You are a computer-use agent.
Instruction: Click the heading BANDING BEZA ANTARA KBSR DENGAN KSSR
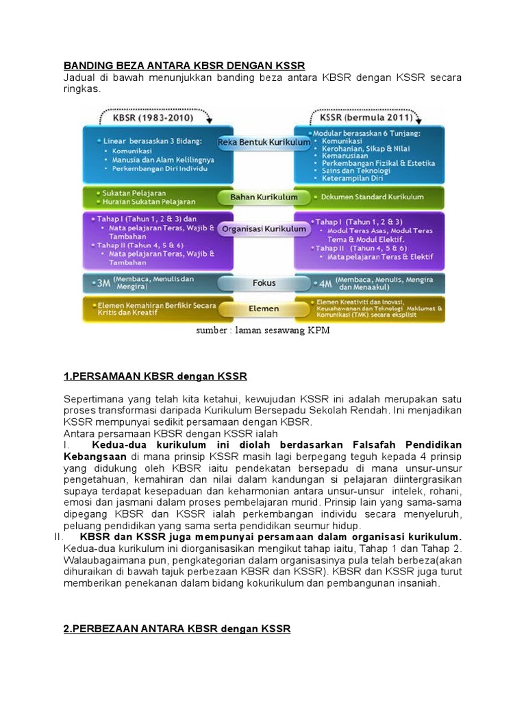coord(184,66)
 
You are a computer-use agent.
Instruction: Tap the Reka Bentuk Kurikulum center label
coord(264,142)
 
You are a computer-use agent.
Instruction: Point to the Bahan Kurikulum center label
coord(264,197)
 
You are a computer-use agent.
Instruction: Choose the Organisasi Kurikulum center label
coord(264,229)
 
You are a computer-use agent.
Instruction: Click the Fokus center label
coord(264,281)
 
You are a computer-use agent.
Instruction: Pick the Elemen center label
coord(264,308)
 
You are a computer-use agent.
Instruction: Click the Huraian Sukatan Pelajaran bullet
coord(147,202)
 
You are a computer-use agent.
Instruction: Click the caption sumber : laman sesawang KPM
coord(263,331)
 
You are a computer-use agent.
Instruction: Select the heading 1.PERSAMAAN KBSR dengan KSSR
coord(155,376)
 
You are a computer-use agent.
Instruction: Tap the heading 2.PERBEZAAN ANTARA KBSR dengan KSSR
coord(177,628)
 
